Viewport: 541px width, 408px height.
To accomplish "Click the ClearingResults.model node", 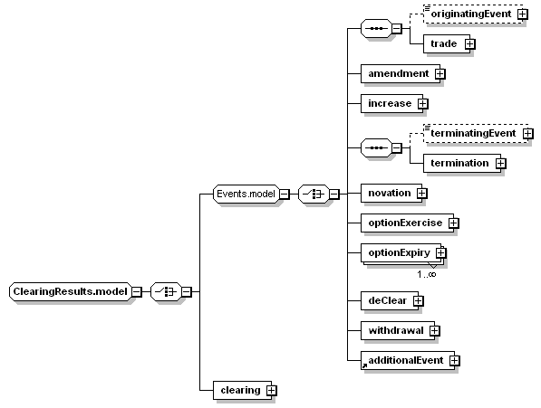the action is tap(71, 291).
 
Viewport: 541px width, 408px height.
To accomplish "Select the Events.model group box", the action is tap(246, 194).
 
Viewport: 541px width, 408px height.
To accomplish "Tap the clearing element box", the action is tap(243, 390).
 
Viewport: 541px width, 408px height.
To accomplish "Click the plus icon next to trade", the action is tap(469, 43).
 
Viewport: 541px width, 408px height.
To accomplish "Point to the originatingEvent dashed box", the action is tap(473, 14).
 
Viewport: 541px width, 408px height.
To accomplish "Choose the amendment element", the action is tap(401, 73).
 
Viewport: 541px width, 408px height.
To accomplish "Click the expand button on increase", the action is tap(422, 104).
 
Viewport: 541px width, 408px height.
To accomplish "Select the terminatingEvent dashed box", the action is tap(476, 134).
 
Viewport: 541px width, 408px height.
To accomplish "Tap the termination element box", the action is tap(462, 163).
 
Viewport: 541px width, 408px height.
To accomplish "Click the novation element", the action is tap(391, 194).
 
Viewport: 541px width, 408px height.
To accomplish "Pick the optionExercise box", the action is tap(407, 223).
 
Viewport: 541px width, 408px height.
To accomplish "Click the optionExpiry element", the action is tap(401, 253).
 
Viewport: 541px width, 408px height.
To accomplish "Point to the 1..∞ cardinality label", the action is tap(427, 274).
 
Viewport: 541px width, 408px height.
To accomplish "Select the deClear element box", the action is tap(390, 301).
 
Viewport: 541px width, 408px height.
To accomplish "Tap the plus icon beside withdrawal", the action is tap(434, 331).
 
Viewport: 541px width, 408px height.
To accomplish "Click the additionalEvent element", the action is tap(408, 360).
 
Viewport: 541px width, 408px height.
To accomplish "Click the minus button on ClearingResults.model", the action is tap(137, 292).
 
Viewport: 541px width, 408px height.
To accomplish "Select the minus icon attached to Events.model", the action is tap(284, 195).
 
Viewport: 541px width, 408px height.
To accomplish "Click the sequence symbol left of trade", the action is tap(376, 29).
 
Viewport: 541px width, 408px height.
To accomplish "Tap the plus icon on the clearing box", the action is tap(272, 391).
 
